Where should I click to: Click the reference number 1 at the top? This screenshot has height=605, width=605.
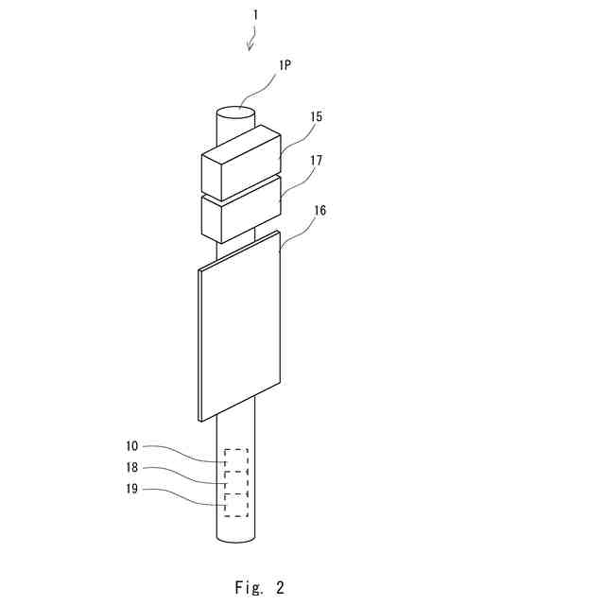253,15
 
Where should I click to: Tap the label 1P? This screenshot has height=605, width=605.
285,65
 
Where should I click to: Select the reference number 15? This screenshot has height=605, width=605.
316,116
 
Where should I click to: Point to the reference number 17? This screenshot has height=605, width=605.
316,161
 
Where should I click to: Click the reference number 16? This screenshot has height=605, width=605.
320,211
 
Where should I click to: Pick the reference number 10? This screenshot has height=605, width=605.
131,445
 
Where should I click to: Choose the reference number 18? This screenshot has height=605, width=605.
131,467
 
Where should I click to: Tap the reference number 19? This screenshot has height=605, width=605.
131,489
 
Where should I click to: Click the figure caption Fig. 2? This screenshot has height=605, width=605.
259,587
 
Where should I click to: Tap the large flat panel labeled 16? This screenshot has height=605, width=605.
240,331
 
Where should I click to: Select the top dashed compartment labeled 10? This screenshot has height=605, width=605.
236,459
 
